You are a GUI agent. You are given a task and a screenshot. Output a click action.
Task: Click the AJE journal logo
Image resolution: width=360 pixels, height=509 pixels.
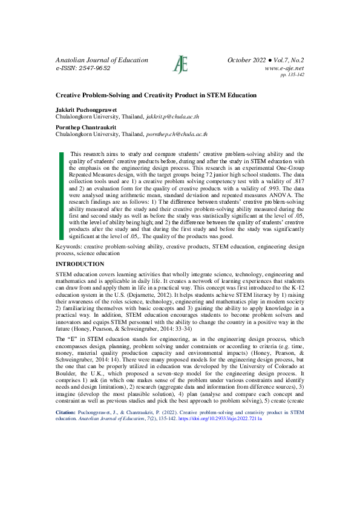pyautogui.click(x=180, y=64)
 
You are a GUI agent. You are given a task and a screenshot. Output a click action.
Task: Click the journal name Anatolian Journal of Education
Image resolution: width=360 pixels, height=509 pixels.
pyautogui.click(x=102, y=60)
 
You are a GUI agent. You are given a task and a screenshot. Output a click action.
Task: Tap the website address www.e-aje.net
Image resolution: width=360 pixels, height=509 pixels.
pyautogui.click(x=284, y=68)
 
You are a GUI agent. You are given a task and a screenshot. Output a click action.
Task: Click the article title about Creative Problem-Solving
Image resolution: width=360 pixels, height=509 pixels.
pyautogui.click(x=156, y=96)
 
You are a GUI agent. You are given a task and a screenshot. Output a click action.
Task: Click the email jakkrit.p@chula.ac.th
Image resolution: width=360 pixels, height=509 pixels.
pyautogui.click(x=175, y=116)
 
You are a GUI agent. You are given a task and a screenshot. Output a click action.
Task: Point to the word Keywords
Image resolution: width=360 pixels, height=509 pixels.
pyautogui.click(x=69, y=247)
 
